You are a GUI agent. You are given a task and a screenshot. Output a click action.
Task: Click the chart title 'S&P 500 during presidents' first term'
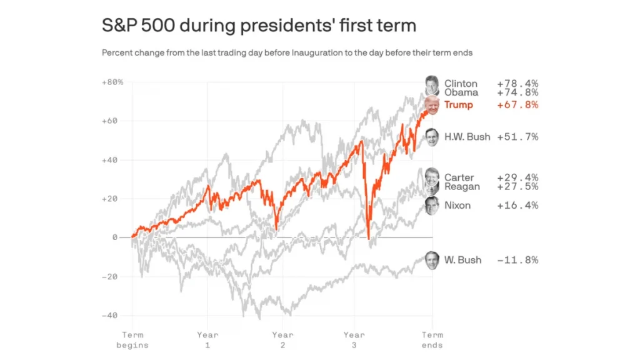click(259, 26)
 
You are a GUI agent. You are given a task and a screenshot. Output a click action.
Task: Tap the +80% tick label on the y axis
click(112, 82)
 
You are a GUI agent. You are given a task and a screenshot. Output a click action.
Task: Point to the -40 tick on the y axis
click(109, 316)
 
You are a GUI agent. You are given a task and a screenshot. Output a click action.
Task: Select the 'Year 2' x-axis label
click(282, 340)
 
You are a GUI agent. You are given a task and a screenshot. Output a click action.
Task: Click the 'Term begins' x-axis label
click(132, 340)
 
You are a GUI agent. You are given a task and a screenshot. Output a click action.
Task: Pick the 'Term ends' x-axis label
click(432, 340)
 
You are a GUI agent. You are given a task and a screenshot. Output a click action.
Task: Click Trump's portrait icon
click(431, 105)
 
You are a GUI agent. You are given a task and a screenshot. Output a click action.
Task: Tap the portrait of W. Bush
click(432, 260)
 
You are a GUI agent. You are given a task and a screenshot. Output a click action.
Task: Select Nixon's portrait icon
click(432, 206)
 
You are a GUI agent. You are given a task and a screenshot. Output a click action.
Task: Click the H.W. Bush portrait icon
click(432, 137)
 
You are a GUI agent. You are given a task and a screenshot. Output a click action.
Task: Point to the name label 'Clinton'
click(461, 84)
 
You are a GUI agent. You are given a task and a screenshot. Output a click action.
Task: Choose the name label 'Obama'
click(461, 92)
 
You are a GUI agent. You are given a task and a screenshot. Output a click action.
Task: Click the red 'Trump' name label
click(459, 105)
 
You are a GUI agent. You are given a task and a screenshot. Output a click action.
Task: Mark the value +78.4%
click(517, 84)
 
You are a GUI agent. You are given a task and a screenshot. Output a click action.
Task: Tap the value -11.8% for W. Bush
click(517, 260)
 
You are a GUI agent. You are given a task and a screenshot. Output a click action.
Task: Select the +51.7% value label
click(517, 137)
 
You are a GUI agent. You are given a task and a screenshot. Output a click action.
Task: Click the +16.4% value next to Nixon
click(517, 206)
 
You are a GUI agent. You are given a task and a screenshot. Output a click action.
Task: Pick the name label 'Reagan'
click(462, 187)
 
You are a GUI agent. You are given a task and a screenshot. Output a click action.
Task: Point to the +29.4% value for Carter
click(517, 178)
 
